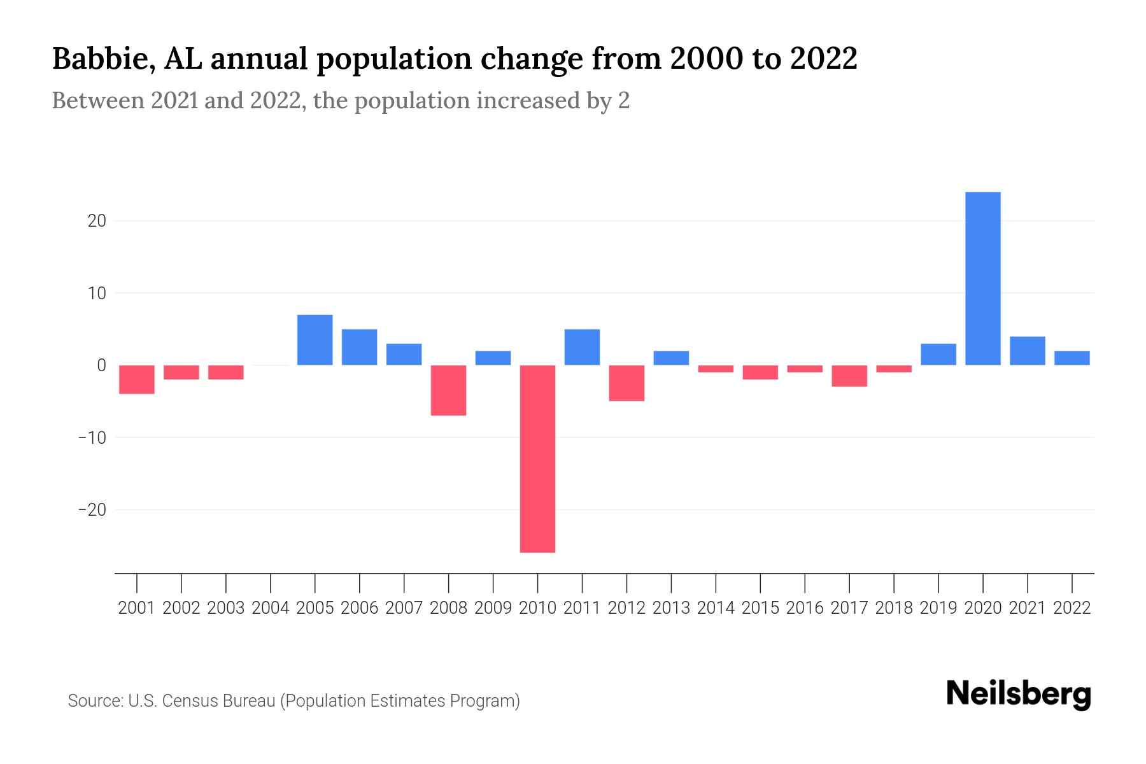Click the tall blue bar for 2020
982,278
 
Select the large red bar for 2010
537,458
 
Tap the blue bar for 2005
315,340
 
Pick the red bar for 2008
448,390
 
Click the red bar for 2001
137,379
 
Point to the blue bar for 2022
1072,358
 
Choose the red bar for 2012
626,383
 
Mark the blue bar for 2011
582,347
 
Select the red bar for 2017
849,376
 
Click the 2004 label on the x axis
270,608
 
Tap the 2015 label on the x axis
760,608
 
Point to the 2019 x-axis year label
938,608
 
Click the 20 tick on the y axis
97,221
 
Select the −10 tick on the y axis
92,438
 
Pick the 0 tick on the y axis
101,365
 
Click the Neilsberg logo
1018,695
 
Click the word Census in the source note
188,701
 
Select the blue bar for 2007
404,354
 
